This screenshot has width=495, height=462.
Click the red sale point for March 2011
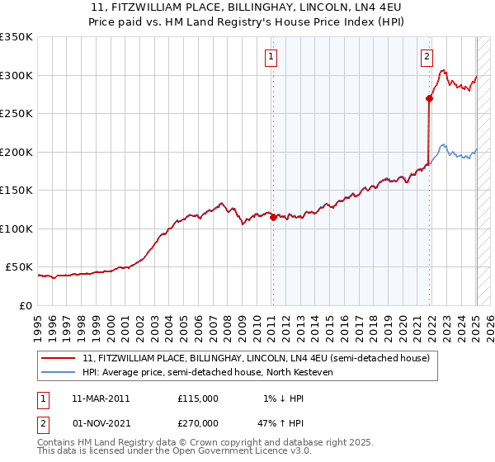point(273,218)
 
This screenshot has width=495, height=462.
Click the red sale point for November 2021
point(429,99)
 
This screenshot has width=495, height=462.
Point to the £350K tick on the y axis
point(17,37)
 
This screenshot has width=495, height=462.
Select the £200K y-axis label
point(17,152)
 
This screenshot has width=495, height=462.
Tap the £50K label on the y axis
point(21,267)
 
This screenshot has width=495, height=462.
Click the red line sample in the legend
point(59,359)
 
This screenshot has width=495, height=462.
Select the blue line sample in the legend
point(59,372)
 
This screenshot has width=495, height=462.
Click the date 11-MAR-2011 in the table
point(100,398)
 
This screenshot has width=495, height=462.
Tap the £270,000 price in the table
point(198,422)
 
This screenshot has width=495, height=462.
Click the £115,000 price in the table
point(198,398)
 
